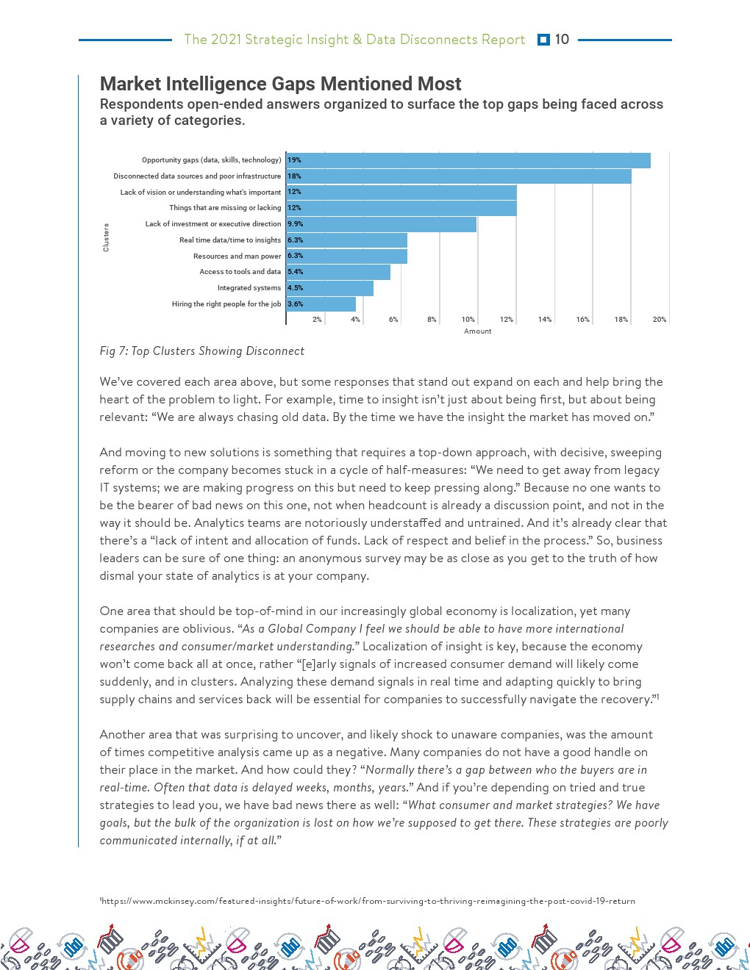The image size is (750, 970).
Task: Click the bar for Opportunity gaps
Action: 468,160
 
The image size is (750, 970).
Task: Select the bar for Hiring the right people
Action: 321,304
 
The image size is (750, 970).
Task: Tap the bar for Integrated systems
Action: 330,288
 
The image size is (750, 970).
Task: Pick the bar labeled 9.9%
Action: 382,224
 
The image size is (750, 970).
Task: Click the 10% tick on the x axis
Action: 468,320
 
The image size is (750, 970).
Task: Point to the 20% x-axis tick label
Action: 659,320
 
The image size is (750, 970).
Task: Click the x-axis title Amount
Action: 477,331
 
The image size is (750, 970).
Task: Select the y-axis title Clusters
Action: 106,237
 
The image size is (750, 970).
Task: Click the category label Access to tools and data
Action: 240,272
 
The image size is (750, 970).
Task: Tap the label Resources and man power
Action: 237,256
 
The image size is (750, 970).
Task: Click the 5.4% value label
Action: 295,272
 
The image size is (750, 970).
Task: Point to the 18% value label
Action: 294,176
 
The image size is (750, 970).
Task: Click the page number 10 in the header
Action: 562,40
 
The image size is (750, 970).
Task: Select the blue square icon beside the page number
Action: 543,40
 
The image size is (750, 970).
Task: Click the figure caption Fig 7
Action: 201,351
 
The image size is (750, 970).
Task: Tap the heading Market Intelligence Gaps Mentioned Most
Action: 280,84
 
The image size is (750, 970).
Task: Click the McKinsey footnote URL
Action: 368,901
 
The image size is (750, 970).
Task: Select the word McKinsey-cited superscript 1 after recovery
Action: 657,696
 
